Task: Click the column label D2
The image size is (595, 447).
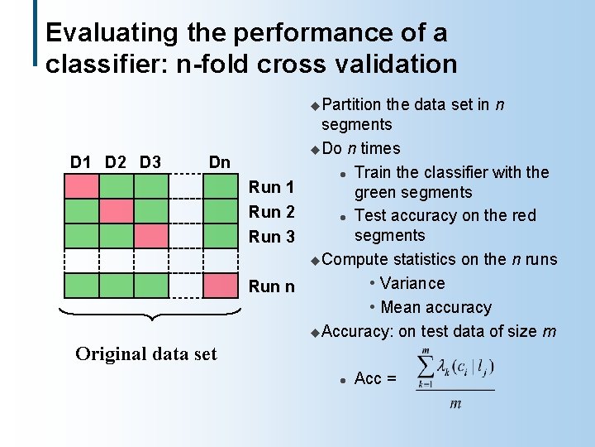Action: click(117, 161)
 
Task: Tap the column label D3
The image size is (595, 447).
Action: click(150, 161)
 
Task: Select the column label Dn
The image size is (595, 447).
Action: click(219, 161)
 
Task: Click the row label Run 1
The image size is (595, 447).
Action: click(272, 187)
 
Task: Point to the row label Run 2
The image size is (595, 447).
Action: click(272, 212)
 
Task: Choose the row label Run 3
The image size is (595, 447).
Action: click(272, 237)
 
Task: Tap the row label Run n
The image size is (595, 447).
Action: click(272, 286)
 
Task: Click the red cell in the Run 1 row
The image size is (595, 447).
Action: click(82, 186)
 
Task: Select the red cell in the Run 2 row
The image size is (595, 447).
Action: click(117, 211)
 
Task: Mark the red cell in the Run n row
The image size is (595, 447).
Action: click(220, 286)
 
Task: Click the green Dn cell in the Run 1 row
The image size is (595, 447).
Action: click(220, 186)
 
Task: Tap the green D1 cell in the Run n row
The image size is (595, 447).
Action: click(82, 286)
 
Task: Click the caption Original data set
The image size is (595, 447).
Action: click(146, 354)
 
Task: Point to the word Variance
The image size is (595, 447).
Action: click(412, 283)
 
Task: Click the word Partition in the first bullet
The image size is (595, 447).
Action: click(351, 104)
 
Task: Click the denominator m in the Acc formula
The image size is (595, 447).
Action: click(455, 404)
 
